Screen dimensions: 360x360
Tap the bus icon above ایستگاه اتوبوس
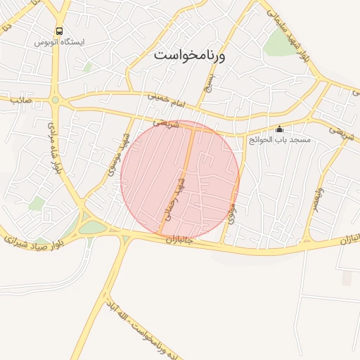pyautogui.click(x=59, y=32)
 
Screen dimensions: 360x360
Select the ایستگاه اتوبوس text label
pyautogui.click(x=59, y=42)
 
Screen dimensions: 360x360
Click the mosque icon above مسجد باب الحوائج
pyautogui.click(x=279, y=129)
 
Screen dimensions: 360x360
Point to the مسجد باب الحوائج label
pyautogui.click(x=279, y=140)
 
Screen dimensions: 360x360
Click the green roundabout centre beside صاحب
pyautogui.click(x=55, y=101)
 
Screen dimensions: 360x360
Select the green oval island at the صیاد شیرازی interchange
pyautogui.click(x=91, y=227)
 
